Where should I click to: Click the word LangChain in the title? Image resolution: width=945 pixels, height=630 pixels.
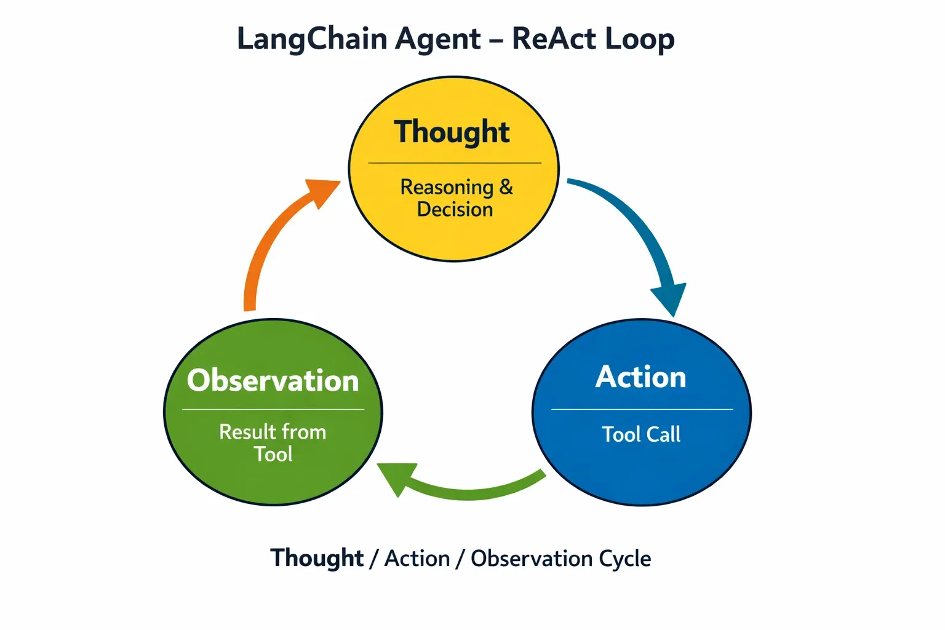(313, 39)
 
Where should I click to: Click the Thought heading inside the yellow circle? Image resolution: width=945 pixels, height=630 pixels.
(452, 132)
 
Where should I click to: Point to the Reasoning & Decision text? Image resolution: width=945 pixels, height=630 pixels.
(455, 198)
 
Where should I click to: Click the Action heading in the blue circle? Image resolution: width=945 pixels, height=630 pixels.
(641, 377)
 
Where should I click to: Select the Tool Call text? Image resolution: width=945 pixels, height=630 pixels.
(641, 434)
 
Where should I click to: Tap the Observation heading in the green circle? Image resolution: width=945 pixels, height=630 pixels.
(273, 380)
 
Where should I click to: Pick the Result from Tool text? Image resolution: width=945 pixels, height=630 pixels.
(273, 443)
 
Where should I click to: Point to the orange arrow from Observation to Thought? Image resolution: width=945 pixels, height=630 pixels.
(265, 246)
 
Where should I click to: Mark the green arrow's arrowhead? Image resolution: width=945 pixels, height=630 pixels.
(394, 477)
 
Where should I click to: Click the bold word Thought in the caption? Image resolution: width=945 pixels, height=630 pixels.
(317, 558)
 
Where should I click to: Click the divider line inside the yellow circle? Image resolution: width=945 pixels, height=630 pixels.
(455, 163)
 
